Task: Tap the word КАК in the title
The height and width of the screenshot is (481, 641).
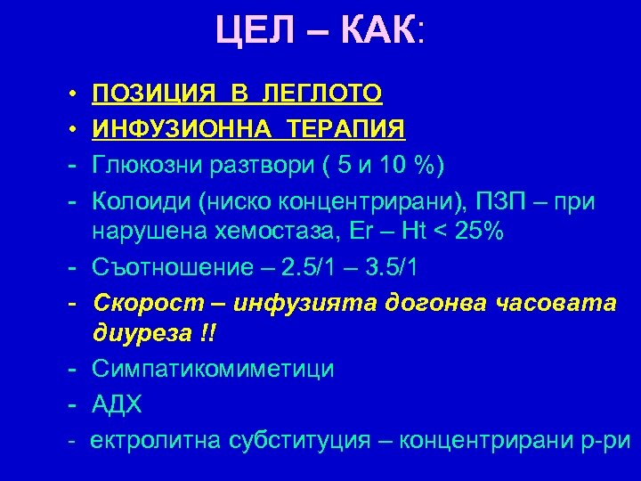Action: tap(375, 33)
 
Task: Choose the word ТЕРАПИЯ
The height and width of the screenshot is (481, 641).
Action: tap(346, 129)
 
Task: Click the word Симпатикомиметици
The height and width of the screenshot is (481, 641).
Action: tap(214, 369)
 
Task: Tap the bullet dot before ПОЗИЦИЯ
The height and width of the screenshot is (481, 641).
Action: tap(69, 93)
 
